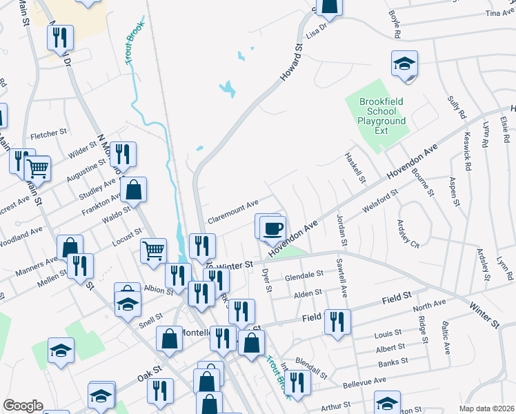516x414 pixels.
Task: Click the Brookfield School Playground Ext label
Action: pos(381,116)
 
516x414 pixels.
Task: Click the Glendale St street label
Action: pos(304,275)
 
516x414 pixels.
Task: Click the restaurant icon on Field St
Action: pos(337,321)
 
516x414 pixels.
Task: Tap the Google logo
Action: pos(23,406)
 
